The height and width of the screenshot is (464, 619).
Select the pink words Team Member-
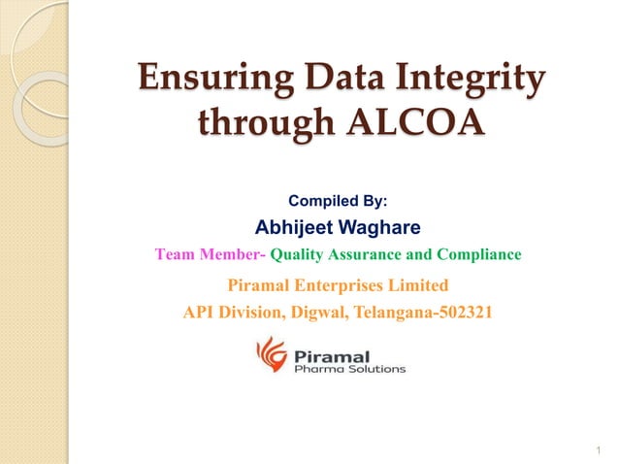pos(210,255)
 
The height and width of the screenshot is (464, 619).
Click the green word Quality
pos(298,255)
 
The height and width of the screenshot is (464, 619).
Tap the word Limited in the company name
pos(420,285)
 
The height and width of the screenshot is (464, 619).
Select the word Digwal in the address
pos(297,313)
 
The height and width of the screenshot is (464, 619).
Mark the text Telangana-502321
pos(417,313)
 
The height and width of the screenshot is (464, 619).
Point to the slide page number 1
pos(602,449)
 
